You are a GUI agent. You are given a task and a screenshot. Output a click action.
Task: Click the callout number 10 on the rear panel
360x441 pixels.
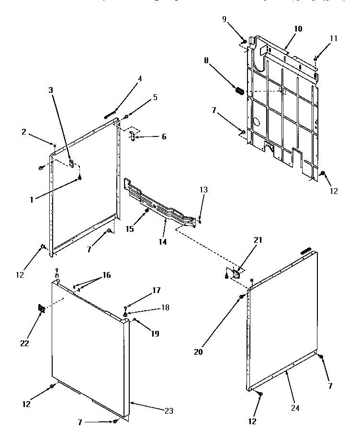pos(298,29)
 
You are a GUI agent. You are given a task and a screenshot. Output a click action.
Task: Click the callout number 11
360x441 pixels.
pos(333,38)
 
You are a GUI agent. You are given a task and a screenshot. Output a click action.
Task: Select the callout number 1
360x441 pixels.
pos(32,200)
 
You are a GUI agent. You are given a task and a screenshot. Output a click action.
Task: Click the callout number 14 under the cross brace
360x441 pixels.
pos(163,242)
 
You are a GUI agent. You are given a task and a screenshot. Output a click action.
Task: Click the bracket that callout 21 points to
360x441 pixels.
pos(236,274)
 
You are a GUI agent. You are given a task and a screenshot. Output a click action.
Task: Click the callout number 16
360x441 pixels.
pos(106,275)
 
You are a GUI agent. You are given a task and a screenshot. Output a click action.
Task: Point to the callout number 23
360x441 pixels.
pos(168,410)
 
